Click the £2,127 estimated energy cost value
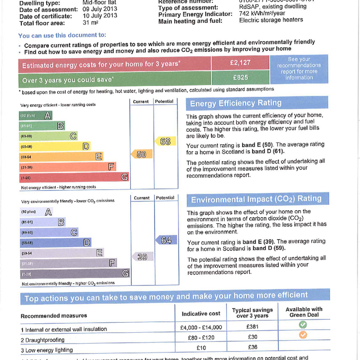(x=240, y=63)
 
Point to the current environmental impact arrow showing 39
(x=141, y=257)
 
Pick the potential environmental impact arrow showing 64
(x=165, y=240)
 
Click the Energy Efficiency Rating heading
(x=236, y=103)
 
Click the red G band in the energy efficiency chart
(x=74, y=178)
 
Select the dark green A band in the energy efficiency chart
(x=35, y=115)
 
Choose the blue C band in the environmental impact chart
(x=49, y=232)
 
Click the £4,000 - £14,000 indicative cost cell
(x=201, y=328)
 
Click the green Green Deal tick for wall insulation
(x=303, y=325)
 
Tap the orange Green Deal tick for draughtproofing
(x=303, y=335)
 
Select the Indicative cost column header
(x=201, y=314)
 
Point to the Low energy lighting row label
(x=47, y=350)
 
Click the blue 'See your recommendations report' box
(x=299, y=69)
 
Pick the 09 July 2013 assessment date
(x=100, y=9)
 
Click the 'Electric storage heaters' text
(x=271, y=20)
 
